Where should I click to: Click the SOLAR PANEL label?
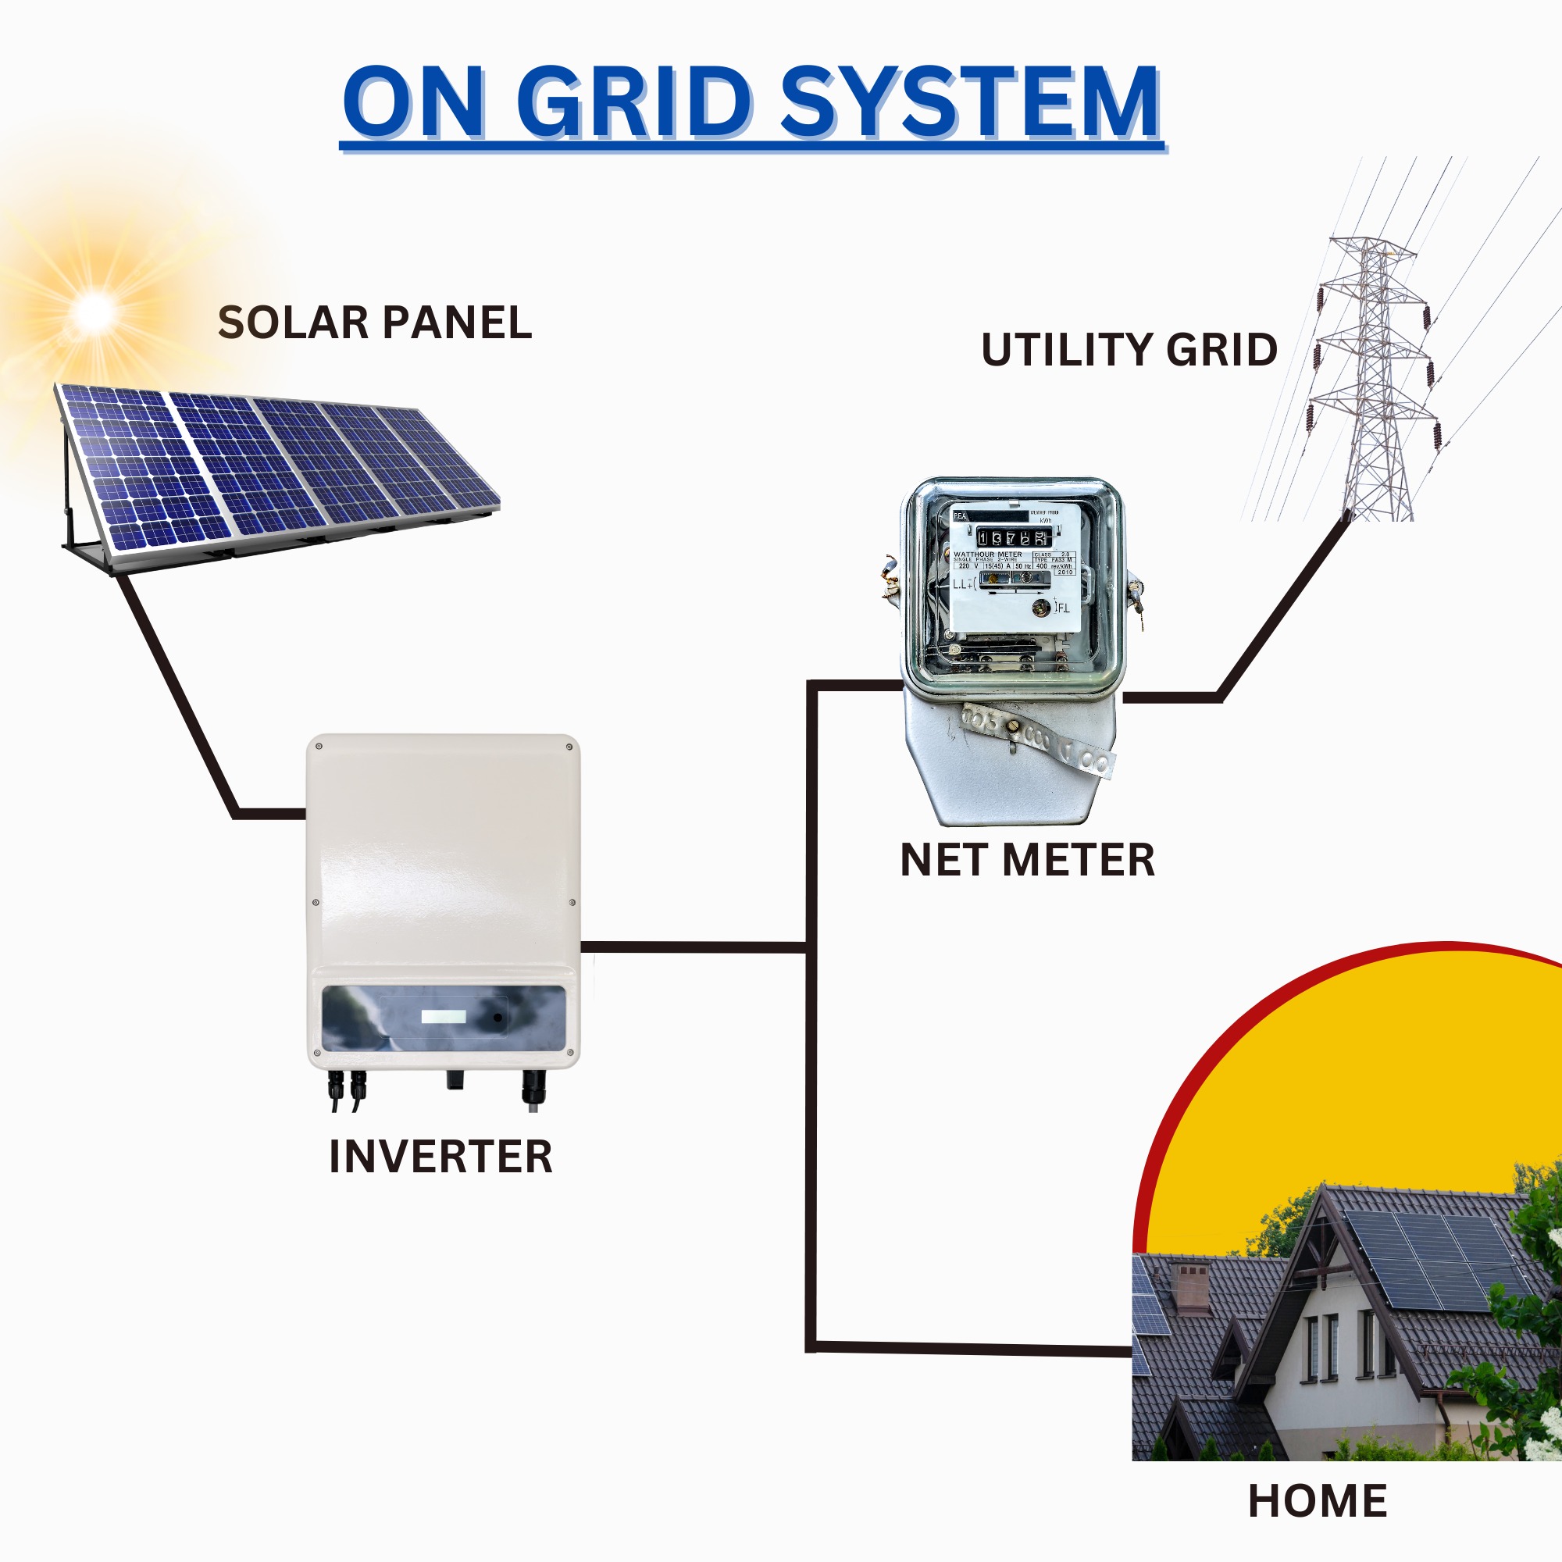(x=374, y=323)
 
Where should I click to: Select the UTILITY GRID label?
(x=1129, y=349)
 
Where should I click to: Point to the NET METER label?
(x=1027, y=860)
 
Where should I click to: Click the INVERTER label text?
(x=440, y=1157)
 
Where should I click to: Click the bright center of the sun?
(x=95, y=312)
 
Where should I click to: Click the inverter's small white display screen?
(x=444, y=1016)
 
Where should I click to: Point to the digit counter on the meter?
(x=1012, y=537)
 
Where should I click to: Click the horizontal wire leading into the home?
(x=970, y=1348)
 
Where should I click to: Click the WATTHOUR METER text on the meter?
(x=987, y=555)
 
